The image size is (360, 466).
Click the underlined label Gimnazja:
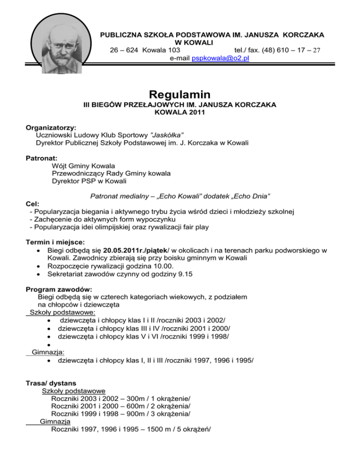point(48,352)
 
